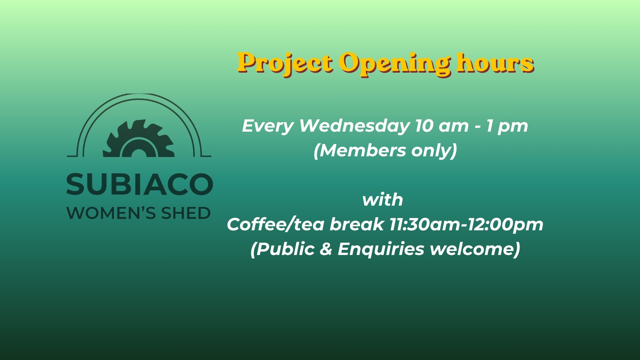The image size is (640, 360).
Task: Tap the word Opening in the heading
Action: click(396, 64)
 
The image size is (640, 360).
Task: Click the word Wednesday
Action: click(354, 126)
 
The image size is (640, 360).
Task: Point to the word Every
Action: click(268, 126)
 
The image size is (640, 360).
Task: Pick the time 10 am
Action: click(442, 126)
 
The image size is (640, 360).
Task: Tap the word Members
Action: click(362, 150)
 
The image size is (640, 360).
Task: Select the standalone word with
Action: click(383, 199)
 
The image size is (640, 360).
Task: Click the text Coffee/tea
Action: click(276, 224)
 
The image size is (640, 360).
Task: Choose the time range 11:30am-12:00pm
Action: click(466, 224)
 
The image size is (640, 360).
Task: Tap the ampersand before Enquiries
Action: click(326, 249)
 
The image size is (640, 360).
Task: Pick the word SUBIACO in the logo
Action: click(140, 184)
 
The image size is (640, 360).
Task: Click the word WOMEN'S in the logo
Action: click(111, 213)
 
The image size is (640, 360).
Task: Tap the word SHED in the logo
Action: click(186, 213)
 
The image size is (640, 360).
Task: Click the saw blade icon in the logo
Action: click(139, 139)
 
